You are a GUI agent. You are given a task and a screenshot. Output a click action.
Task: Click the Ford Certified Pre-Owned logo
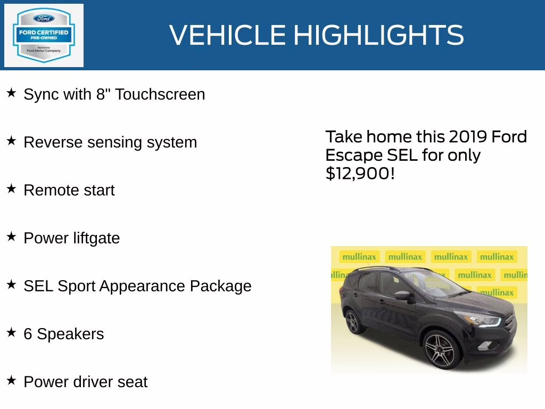pyautogui.click(x=44, y=36)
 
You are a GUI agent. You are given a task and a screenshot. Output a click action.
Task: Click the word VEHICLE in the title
pyautogui.click(x=228, y=36)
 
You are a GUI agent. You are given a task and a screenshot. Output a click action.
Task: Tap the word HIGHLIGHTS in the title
pyautogui.click(x=378, y=36)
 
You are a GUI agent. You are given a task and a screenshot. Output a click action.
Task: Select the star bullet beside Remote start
pyautogui.click(x=11, y=189)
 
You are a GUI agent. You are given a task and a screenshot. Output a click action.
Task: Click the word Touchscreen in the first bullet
pyautogui.click(x=160, y=94)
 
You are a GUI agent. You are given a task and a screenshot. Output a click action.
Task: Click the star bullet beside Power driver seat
pyautogui.click(x=11, y=380)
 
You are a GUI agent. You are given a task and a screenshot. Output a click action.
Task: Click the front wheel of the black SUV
pyautogui.click(x=439, y=349)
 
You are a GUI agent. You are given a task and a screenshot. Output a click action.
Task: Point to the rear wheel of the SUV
pyautogui.click(x=353, y=322)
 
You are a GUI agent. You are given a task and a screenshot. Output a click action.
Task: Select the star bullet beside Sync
pyautogui.click(x=11, y=93)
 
